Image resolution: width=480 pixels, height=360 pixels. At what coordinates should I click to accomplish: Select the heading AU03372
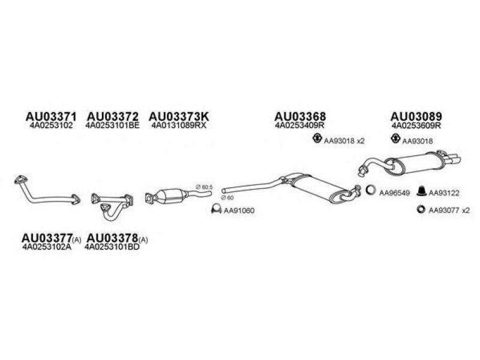click(113, 116)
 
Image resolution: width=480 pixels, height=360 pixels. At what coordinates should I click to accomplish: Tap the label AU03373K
click(179, 116)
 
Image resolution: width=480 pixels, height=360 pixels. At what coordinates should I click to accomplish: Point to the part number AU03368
click(301, 116)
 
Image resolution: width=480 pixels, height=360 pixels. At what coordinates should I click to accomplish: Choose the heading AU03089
click(417, 116)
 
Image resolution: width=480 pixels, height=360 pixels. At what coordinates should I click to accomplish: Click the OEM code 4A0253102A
click(49, 247)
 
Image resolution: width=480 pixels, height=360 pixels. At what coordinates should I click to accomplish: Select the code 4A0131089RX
click(178, 126)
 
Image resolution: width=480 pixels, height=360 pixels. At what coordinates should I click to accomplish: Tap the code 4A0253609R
click(416, 126)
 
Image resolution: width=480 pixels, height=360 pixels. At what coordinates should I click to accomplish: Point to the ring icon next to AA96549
click(371, 192)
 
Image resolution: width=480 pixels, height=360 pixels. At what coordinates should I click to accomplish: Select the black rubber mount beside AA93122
click(422, 192)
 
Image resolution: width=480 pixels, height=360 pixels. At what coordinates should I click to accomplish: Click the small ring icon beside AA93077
click(421, 209)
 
